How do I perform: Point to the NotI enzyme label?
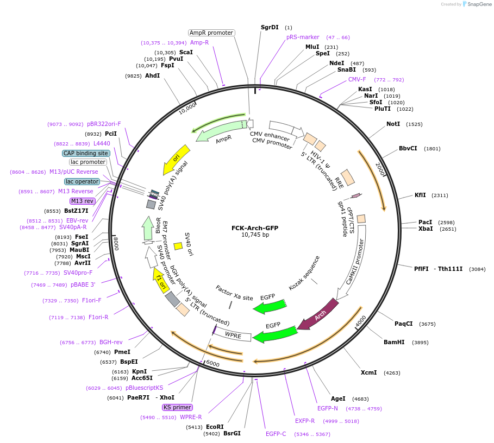tap(393, 124)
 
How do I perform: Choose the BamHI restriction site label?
tap(394, 342)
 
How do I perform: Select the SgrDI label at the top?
tap(270, 27)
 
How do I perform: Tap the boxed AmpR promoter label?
tap(211, 33)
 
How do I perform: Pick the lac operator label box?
tap(82, 181)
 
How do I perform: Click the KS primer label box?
tap(177, 407)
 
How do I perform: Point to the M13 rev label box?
tap(82, 201)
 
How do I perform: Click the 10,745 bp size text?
tap(255, 235)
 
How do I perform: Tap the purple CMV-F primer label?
tap(357, 79)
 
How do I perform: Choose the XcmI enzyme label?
tap(368, 372)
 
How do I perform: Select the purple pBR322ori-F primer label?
tap(104, 124)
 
